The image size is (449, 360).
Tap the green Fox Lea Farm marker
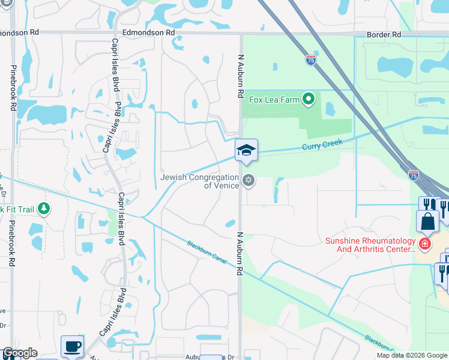[x=309, y=99]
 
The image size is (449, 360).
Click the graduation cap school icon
[x=246, y=151]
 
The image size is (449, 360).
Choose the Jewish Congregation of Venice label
[x=200, y=181]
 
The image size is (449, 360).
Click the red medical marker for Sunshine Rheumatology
[x=425, y=244]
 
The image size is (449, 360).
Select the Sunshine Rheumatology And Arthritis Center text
[x=370, y=245]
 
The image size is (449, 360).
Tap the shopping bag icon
[x=427, y=221]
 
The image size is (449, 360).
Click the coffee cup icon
[x=72, y=346]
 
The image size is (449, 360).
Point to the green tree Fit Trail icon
[x=43, y=208]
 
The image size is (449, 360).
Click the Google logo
[x=20, y=353]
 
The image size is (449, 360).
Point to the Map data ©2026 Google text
[x=412, y=355]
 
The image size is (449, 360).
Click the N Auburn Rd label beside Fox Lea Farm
[x=241, y=76]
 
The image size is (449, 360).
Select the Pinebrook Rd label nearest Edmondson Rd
[x=13, y=88]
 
